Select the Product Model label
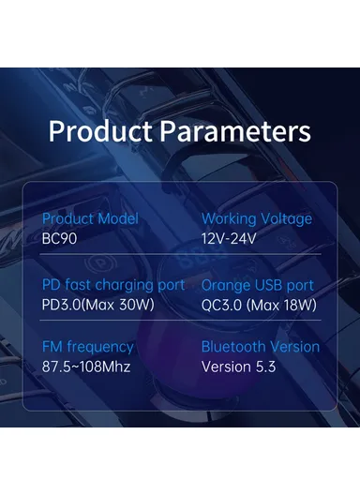[x=90, y=218]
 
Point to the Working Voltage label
[x=257, y=218]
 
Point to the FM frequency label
[x=88, y=347]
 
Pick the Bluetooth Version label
[x=261, y=347]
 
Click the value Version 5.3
[x=239, y=366]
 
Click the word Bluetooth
[x=235, y=347]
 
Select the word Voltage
[x=286, y=218]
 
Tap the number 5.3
[x=264, y=366]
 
